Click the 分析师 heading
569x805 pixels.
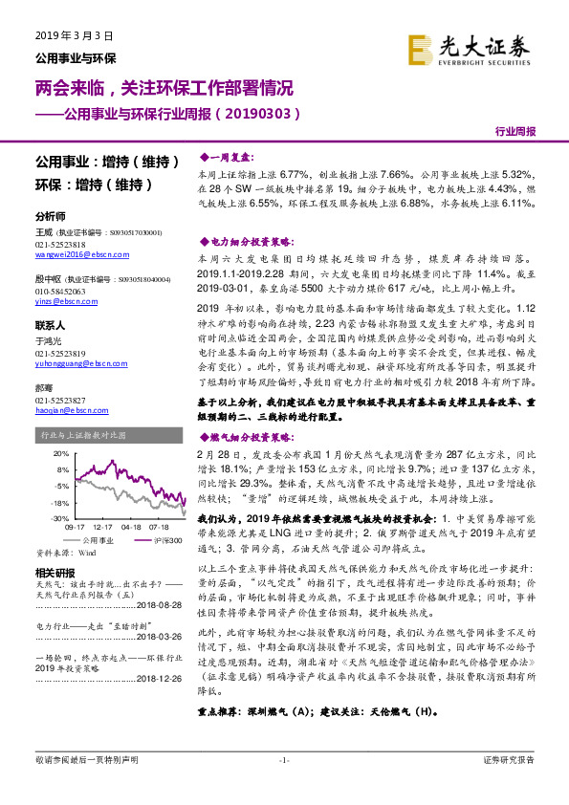(x=50, y=216)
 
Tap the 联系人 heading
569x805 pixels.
(x=50, y=325)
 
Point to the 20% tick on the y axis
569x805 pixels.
(x=61, y=453)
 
